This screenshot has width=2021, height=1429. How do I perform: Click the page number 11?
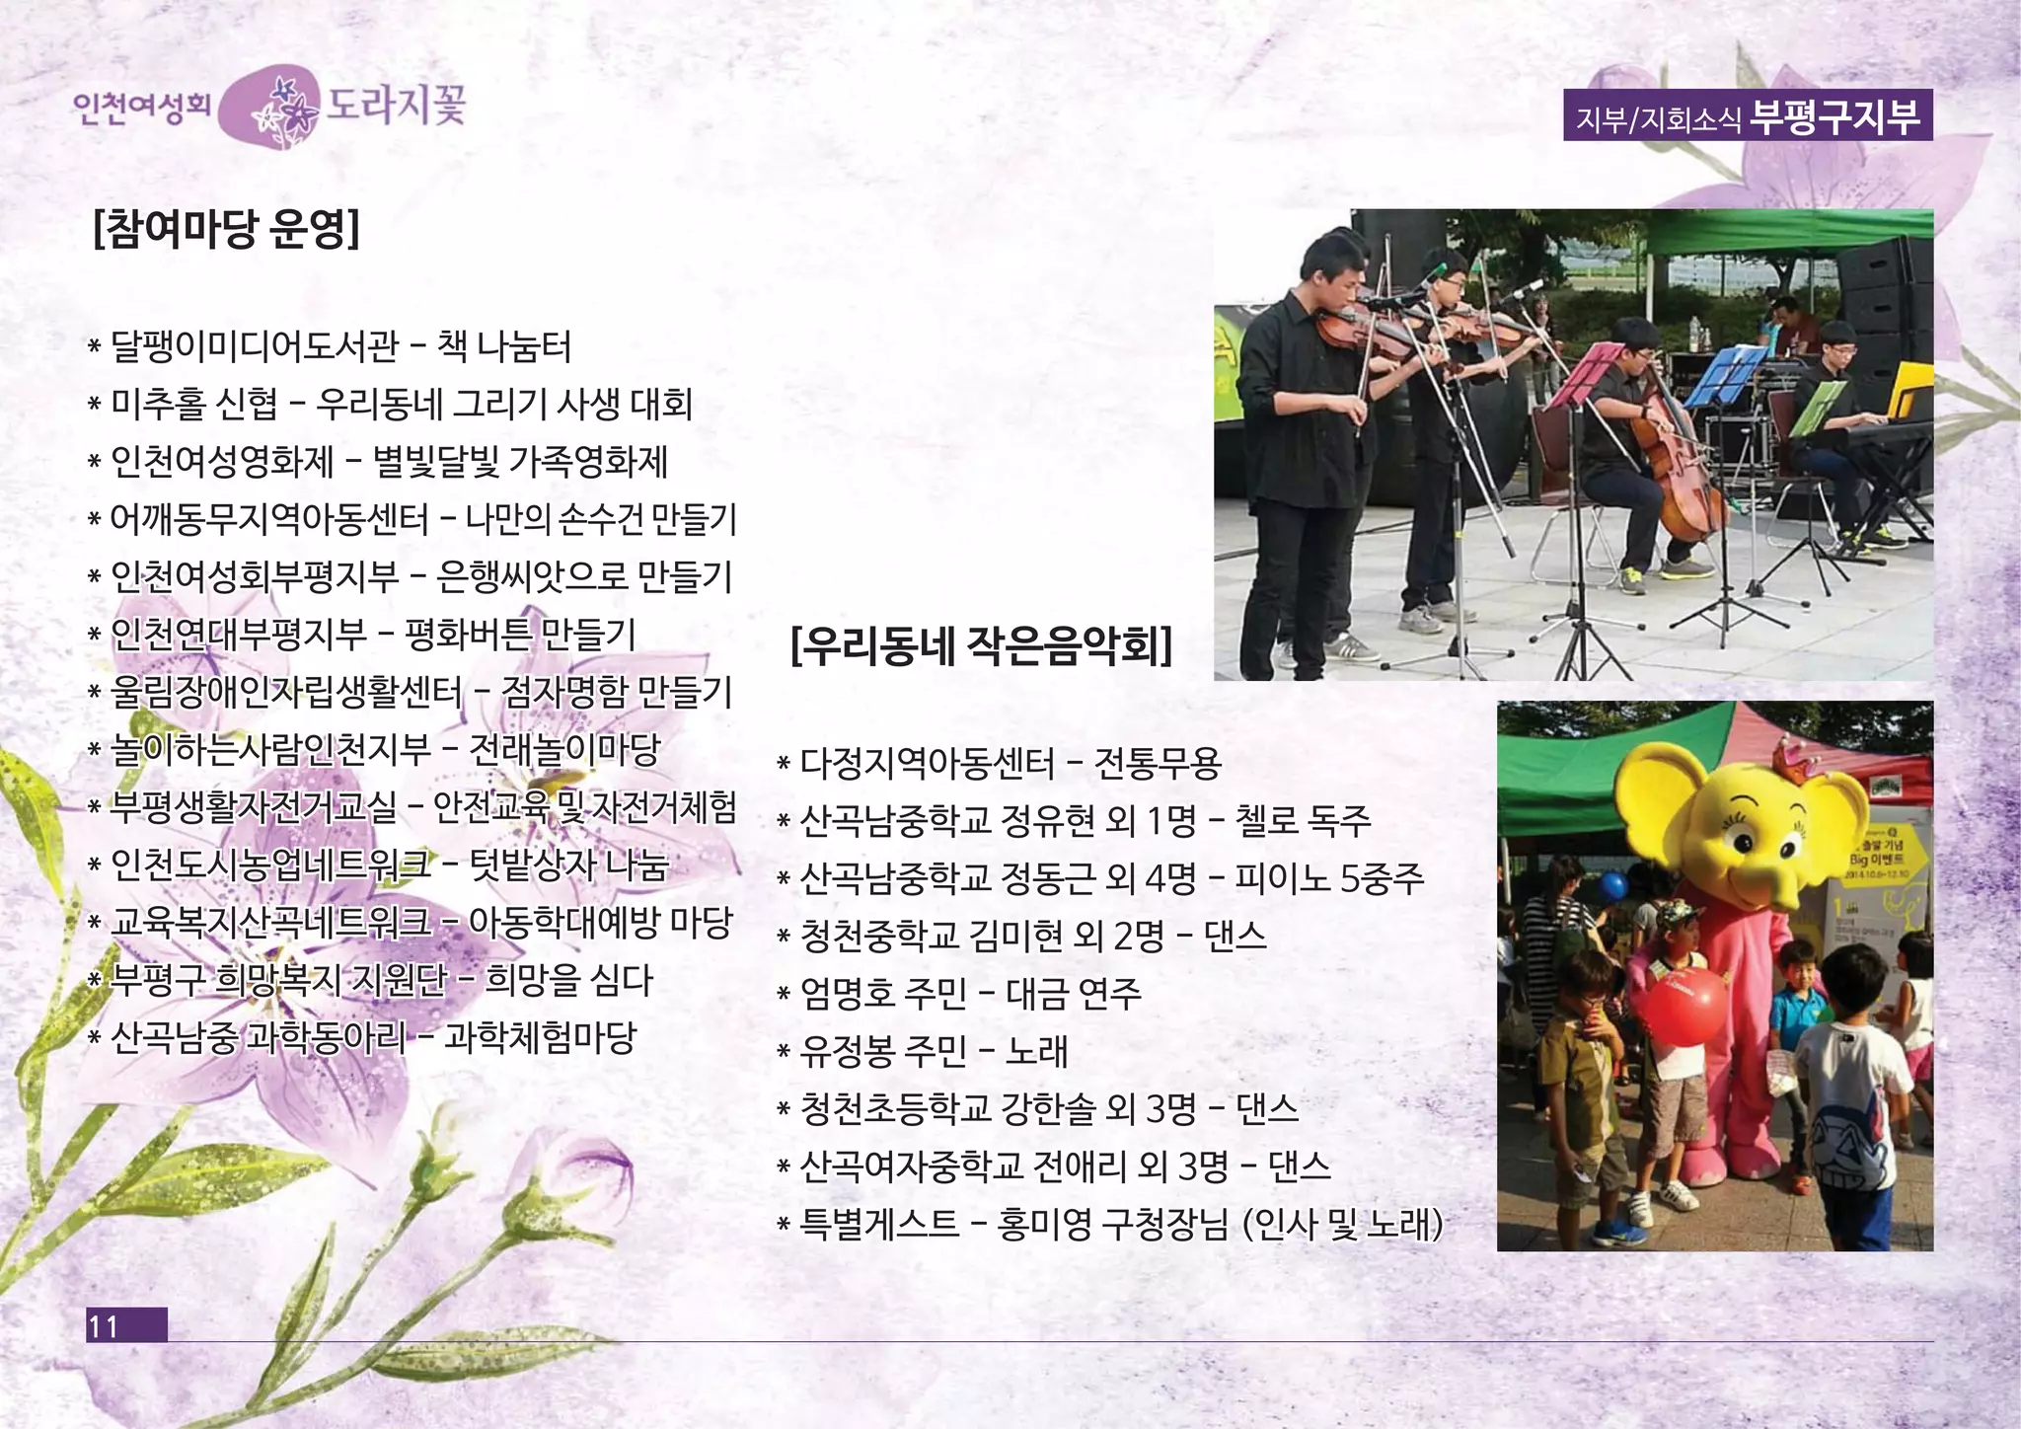[x=104, y=1325]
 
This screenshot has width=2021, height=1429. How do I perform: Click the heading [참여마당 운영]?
[x=226, y=230]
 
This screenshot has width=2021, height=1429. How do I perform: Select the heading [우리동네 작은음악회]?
[x=981, y=646]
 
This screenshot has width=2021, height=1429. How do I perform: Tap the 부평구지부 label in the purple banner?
[x=1834, y=115]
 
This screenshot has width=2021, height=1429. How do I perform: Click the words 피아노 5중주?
[x=1328, y=877]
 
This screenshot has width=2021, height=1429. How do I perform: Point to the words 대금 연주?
[x=1074, y=993]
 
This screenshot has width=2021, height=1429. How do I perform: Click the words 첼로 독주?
[x=1303, y=820]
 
